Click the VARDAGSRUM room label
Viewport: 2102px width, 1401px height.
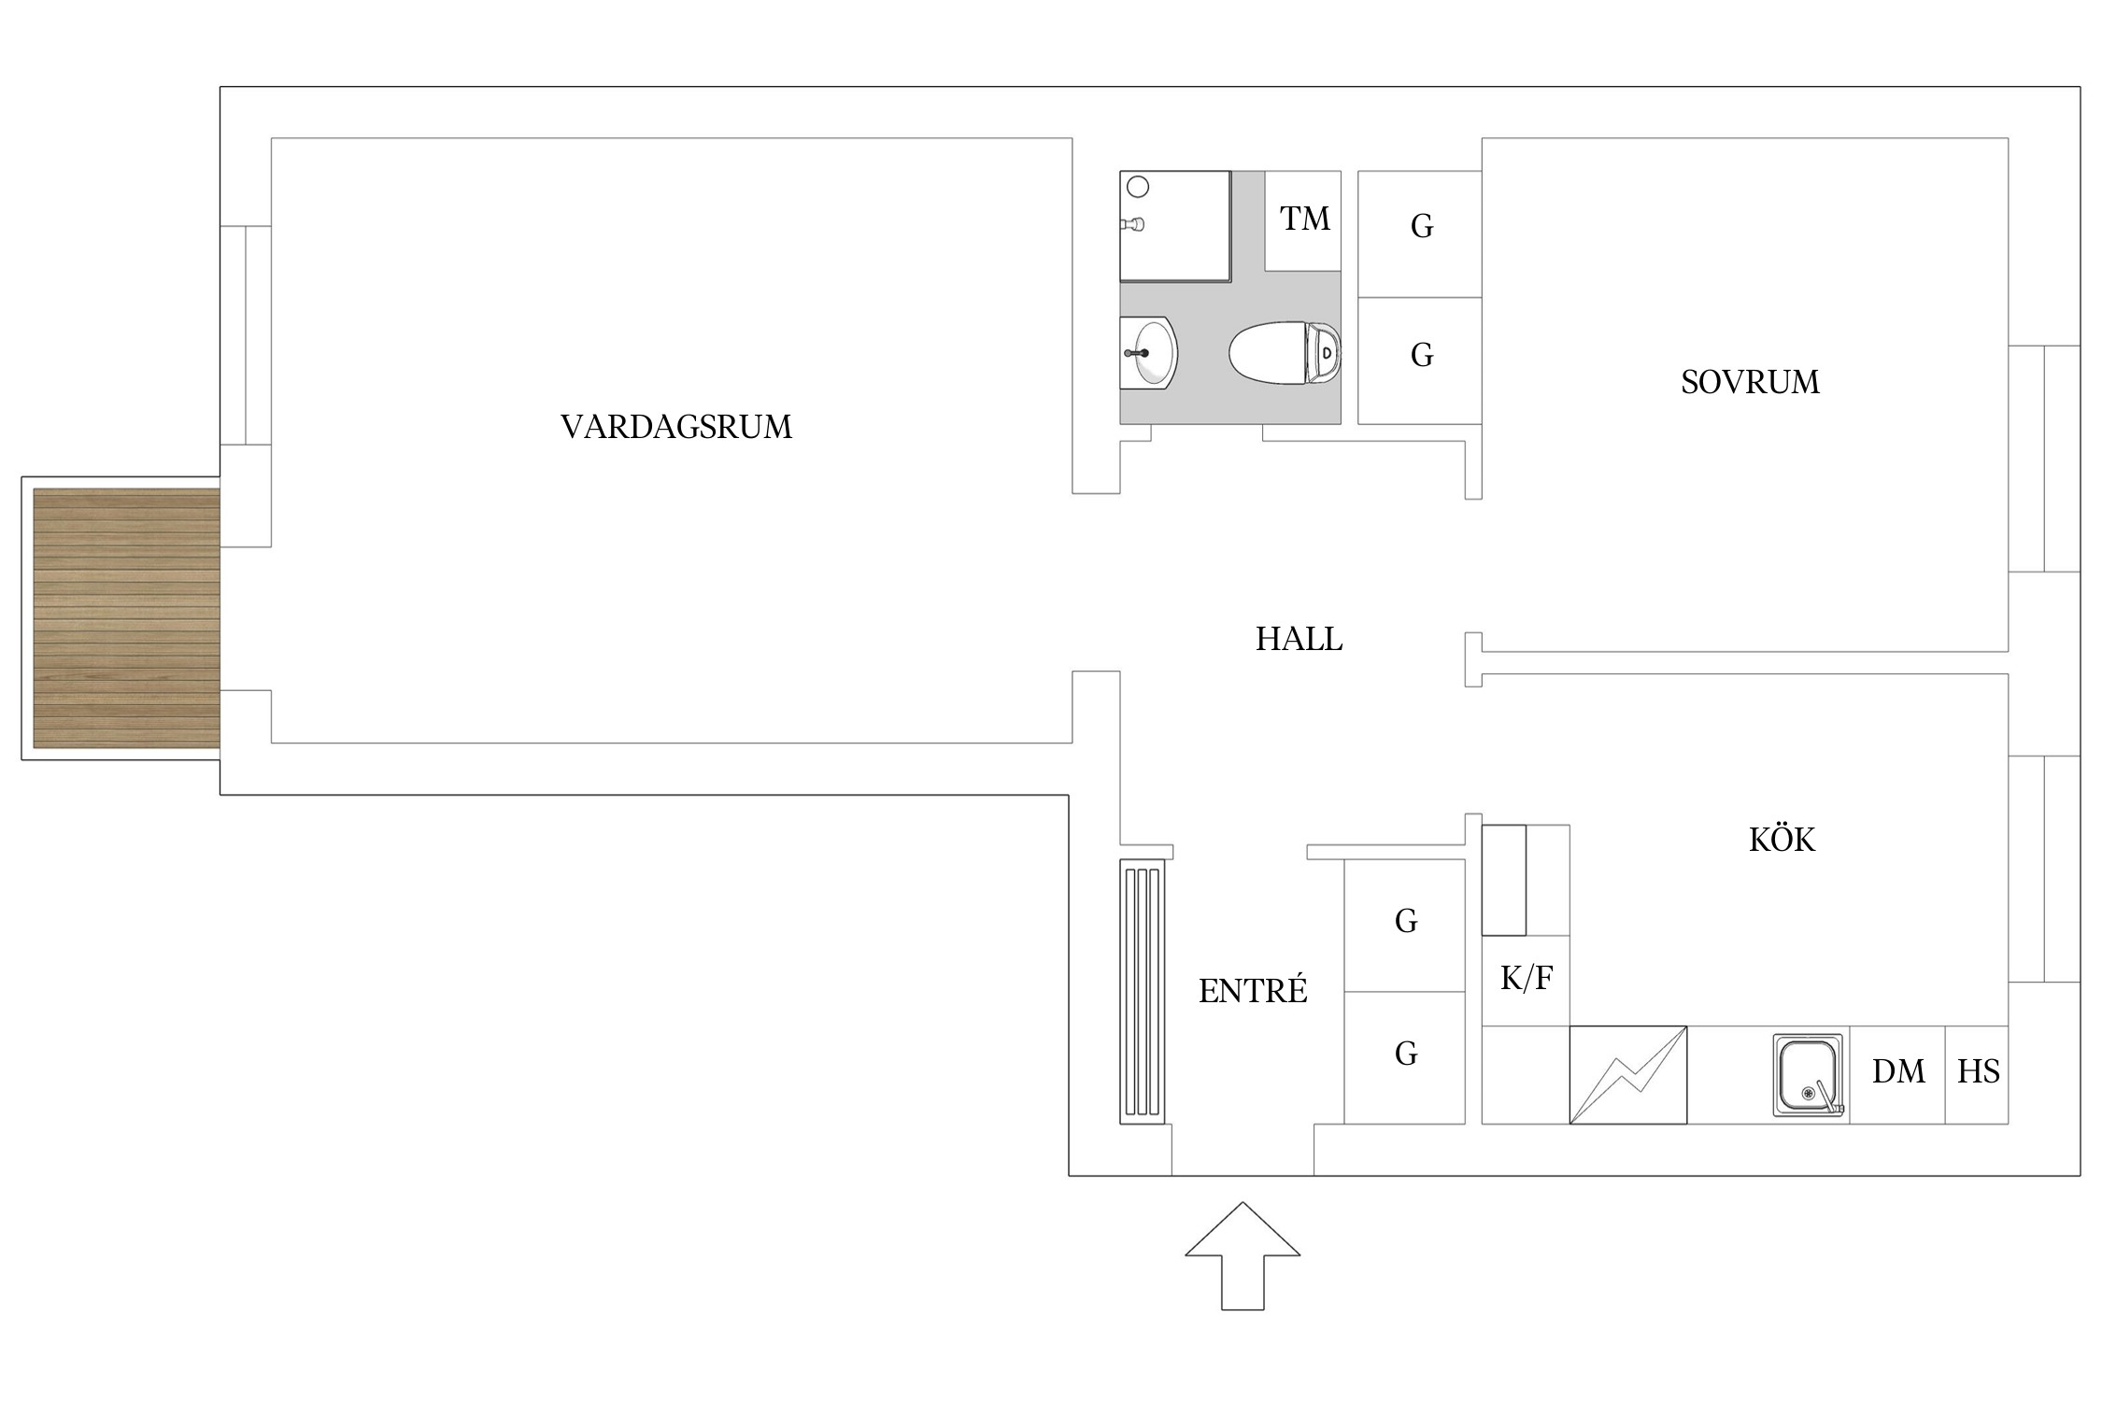click(675, 427)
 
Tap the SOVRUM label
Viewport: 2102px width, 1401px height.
click(1750, 382)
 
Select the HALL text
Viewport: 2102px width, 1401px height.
click(1299, 639)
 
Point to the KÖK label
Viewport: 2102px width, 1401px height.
click(1782, 840)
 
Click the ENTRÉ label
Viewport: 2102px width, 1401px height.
click(1253, 991)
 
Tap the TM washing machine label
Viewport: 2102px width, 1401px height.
click(1304, 219)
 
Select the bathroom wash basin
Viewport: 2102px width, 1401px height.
click(1149, 353)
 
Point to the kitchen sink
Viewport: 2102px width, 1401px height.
click(1809, 1075)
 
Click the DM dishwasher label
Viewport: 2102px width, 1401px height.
click(1898, 1071)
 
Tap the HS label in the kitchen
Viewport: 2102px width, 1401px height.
click(1978, 1071)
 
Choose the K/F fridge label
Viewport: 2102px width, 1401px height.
click(1527, 978)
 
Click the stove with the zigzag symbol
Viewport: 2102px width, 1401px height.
click(1627, 1075)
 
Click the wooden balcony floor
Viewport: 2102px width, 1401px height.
click(126, 618)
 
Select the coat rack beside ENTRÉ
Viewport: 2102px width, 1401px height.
click(1142, 991)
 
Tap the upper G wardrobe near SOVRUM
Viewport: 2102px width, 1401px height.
click(1421, 226)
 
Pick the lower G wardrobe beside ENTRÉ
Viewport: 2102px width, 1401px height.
click(1405, 1054)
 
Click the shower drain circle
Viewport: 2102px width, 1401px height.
click(1138, 188)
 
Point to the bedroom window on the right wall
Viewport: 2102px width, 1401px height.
click(2044, 458)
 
